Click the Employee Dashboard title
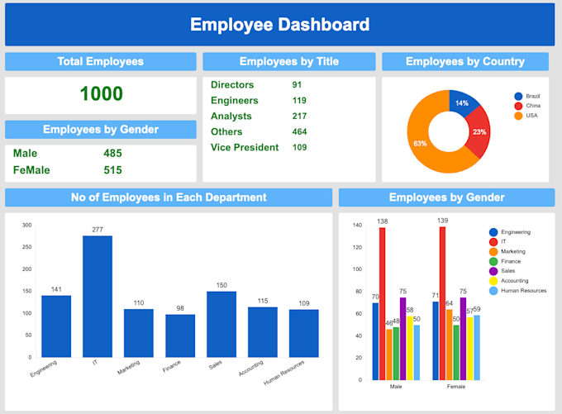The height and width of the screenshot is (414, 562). (279, 24)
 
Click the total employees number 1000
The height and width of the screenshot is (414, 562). (101, 94)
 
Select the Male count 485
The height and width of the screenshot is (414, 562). (112, 153)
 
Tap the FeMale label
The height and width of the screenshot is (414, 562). (31, 170)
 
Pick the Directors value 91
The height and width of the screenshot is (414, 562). (298, 85)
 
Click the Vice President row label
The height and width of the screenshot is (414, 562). (244, 147)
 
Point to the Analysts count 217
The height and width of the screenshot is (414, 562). (299, 117)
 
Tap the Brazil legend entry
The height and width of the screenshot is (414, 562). (531, 96)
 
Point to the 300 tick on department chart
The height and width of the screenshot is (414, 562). (26, 225)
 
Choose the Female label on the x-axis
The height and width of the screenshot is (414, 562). (456, 386)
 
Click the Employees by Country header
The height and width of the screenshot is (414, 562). (464, 62)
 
